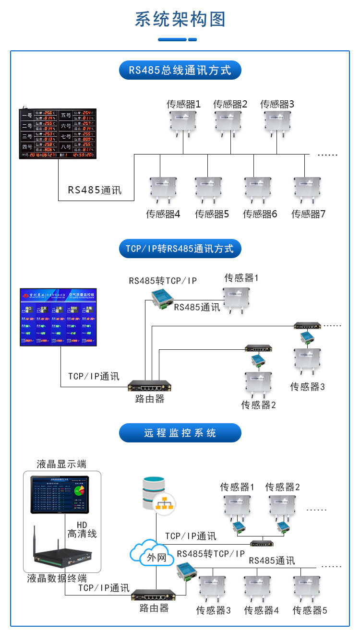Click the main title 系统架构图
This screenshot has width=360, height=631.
(x=180, y=20)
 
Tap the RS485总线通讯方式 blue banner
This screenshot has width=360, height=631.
(x=180, y=71)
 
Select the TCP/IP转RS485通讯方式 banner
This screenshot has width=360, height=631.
(x=180, y=249)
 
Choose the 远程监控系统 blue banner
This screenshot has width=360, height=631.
(x=180, y=433)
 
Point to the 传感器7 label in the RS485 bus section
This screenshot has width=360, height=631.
(x=308, y=214)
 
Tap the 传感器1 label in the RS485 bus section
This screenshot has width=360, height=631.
(x=183, y=104)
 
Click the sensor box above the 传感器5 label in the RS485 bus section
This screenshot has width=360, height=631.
(x=208, y=189)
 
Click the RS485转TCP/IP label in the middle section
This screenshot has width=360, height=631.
(x=163, y=281)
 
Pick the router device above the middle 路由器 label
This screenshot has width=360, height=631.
(x=150, y=385)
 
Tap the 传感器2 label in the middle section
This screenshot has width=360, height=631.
(x=258, y=405)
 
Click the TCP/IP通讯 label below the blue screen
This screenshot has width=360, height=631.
(x=94, y=376)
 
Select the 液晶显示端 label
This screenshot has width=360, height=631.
(x=61, y=464)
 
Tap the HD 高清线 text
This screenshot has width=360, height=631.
(x=82, y=529)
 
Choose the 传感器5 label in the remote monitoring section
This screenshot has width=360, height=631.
(x=310, y=610)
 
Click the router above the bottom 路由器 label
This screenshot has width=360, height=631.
(x=154, y=595)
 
